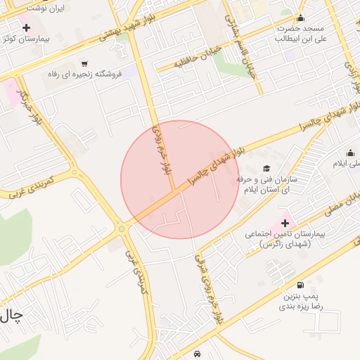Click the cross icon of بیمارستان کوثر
27,28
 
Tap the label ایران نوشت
48,9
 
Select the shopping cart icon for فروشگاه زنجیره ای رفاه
84,63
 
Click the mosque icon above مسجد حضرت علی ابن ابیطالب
301,18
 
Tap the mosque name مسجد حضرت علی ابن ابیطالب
302,34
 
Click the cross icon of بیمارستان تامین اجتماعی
285,222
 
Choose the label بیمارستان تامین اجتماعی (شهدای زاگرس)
284,239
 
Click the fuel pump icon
301,285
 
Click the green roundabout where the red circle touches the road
122,229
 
